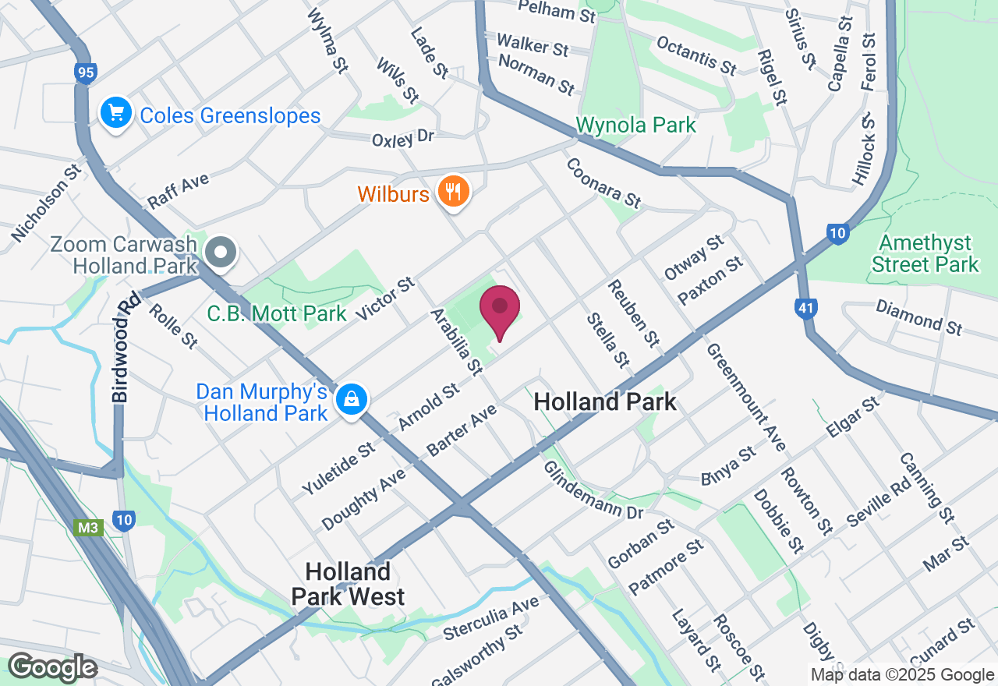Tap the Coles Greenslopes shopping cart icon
pos(116,114)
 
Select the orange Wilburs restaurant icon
pos(451,191)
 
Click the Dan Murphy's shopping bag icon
pos(352,400)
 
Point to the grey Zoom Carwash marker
pos(221,253)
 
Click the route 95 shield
pos(86,73)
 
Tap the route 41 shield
pos(806,309)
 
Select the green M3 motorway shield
pos(88,528)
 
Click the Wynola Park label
pos(636,125)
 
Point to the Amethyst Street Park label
pos(925,253)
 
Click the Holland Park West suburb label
pos(348,584)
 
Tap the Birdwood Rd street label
pos(119,347)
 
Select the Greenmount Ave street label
pos(746,398)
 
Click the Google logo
pos(52,667)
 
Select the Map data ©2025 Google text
pos(902,675)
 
